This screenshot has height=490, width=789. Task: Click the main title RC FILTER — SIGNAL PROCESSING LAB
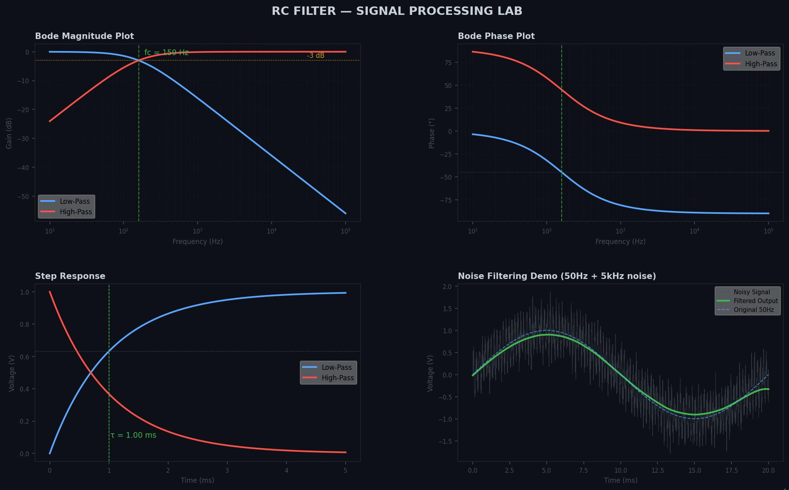[397, 11]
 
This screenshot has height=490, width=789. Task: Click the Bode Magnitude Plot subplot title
[84, 36]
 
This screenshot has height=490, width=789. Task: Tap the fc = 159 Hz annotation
[166, 53]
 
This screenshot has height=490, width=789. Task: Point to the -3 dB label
[315, 55]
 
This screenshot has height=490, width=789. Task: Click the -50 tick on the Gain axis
[23, 197]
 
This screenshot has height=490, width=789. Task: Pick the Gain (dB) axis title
[9, 133]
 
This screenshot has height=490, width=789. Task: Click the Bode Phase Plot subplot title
[496, 36]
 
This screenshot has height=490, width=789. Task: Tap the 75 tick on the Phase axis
[448, 63]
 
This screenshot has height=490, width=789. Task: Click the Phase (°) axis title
[432, 133]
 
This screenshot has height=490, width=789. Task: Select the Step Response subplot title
[70, 276]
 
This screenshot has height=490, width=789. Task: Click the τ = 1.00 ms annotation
[134, 435]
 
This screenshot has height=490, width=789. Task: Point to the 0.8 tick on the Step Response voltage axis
[25, 324]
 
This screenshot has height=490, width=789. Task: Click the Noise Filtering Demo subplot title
[557, 276]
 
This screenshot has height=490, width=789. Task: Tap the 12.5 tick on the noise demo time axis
[657, 471]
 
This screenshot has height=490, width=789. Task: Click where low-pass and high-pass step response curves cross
[91, 373]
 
